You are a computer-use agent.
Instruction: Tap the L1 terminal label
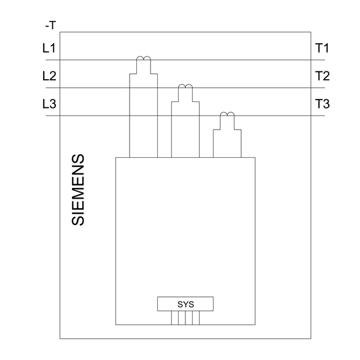(x=49, y=49)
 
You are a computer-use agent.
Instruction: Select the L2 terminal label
(x=49, y=76)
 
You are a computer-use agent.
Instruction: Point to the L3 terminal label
(x=49, y=104)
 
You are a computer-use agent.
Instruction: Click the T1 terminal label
(x=322, y=49)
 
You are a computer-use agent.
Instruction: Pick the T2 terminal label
(x=322, y=76)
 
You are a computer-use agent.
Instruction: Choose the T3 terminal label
(x=322, y=104)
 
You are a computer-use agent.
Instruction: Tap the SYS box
(x=185, y=304)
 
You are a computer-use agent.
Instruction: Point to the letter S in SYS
(x=179, y=304)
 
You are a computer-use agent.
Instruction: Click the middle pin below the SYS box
(x=185, y=318)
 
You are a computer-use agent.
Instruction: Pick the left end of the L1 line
(x=47, y=60)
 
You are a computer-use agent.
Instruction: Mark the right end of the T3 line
(x=325, y=116)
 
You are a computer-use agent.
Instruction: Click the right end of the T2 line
(x=325, y=88)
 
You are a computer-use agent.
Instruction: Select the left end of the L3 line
(x=47, y=116)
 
